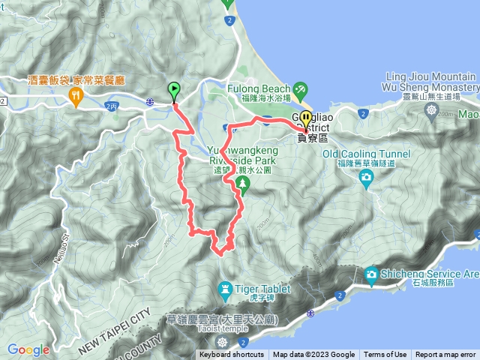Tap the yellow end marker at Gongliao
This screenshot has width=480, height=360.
point(306,120)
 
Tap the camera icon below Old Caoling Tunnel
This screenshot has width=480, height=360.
point(366,176)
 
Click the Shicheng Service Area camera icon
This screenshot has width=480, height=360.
point(371,275)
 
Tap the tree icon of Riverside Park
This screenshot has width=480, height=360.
point(242,182)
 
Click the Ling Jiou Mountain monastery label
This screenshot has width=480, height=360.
point(430,82)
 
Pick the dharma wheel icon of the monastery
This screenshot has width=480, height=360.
point(432,111)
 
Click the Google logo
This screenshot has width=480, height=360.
point(28,349)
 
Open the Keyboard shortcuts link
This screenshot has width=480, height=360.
point(232,355)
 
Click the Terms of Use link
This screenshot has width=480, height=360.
point(385,355)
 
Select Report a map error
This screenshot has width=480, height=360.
point(445,355)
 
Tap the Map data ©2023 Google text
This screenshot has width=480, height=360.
point(314,355)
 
